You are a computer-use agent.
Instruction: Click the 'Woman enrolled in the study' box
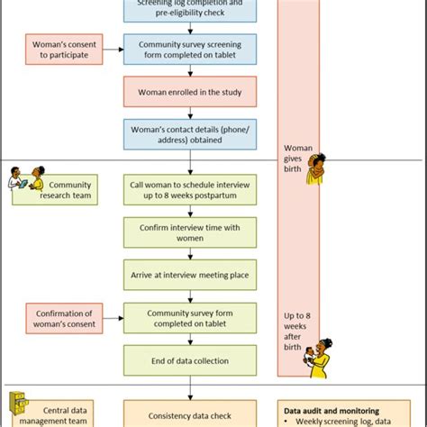(x=189, y=92)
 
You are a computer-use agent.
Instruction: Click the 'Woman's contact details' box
(x=189, y=134)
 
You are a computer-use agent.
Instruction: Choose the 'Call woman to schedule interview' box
(x=189, y=190)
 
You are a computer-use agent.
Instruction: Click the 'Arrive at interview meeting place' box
(x=189, y=276)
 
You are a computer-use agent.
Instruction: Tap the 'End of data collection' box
(x=189, y=360)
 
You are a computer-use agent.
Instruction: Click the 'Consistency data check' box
(x=189, y=411)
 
